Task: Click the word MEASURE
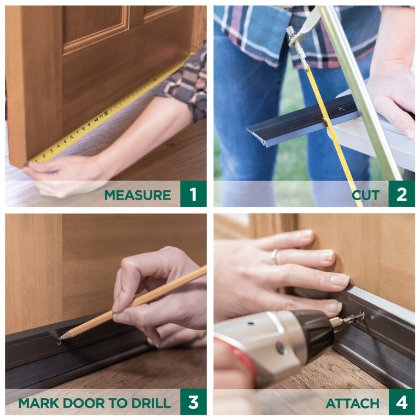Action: [x=137, y=195]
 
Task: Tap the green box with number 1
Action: [x=193, y=194]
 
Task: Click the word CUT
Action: [x=365, y=195]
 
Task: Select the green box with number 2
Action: [x=401, y=194]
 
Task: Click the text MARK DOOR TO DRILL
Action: [x=94, y=403]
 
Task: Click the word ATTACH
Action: [x=352, y=403]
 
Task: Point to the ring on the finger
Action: [x=275, y=256]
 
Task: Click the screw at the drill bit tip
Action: [x=358, y=317]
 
